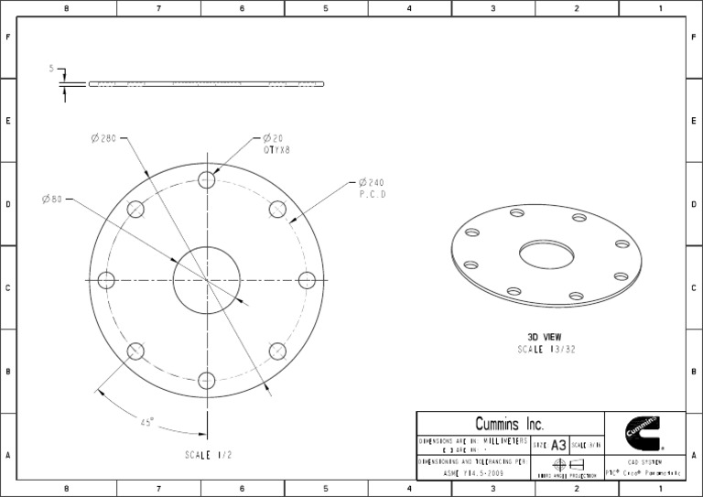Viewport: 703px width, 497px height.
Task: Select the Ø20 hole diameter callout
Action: pos(273,138)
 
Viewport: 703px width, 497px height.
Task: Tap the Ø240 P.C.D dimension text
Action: pos(371,182)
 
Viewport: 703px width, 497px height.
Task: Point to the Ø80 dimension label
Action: pos(51,200)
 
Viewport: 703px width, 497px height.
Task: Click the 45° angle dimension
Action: pos(146,422)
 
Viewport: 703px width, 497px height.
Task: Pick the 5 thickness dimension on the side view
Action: pos(52,69)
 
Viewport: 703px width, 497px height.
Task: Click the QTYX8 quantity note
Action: pos(277,149)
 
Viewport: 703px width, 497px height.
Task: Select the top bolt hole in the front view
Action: pos(207,180)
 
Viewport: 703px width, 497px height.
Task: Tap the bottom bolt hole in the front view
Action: pos(207,380)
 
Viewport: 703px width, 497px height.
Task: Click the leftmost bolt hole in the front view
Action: pos(106,280)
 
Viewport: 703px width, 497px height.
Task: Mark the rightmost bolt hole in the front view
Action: pos(307,280)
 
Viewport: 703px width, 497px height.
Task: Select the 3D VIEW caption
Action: pos(546,337)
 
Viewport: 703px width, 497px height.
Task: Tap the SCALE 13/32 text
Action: pos(546,350)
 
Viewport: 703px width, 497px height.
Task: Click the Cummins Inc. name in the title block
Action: pos(510,424)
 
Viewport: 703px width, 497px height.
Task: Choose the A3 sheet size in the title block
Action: pos(558,444)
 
